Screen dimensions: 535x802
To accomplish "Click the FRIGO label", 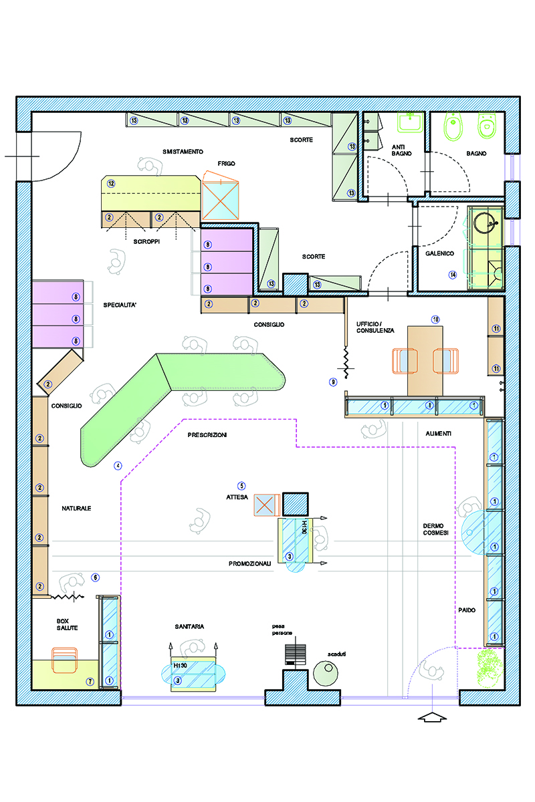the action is coord(226,164).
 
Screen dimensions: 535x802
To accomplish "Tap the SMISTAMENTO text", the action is coord(183,152).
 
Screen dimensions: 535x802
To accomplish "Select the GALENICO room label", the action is coord(439,253).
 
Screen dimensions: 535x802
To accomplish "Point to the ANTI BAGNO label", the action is coord(401,150).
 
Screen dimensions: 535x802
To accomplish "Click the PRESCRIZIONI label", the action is coord(207,435).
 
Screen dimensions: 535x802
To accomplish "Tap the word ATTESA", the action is coord(237,497).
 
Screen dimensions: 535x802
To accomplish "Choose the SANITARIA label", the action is coord(189,627).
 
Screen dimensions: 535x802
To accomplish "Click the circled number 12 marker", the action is coord(111,184).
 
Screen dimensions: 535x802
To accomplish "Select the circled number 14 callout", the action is coord(453,275).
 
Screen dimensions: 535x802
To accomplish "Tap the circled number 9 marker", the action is coord(333,382).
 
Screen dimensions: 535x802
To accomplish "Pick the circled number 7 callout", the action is coord(90,682).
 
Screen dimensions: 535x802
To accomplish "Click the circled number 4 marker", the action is coord(118,465).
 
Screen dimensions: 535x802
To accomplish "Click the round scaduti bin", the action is coord(326,673).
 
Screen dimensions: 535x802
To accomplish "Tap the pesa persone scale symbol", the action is coord(296,654).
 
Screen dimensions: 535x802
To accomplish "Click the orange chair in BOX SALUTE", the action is coord(64,660).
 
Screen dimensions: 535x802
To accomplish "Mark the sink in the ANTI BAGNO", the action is coord(411,122).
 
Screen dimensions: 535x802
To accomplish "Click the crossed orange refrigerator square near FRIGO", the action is coord(221,200).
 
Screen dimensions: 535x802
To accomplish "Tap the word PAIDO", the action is coord(467,610).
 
